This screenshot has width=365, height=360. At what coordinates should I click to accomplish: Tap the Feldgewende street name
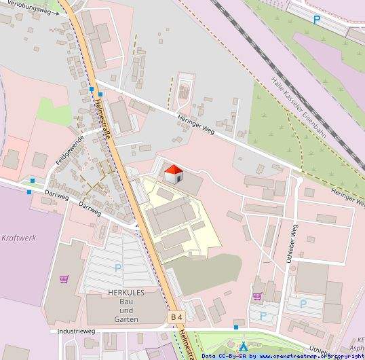[70, 151]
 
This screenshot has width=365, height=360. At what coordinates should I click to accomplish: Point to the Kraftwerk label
[18, 238]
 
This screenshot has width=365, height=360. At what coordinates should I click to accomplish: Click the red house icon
[174, 173]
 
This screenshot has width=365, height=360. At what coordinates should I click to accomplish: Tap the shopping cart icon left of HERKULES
[64, 278]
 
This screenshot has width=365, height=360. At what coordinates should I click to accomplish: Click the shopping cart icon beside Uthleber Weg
[257, 296]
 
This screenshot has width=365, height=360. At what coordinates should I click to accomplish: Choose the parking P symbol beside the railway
[316, 20]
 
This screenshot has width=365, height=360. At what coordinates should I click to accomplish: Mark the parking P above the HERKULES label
[118, 268]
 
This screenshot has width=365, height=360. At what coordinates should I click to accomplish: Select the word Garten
[127, 319]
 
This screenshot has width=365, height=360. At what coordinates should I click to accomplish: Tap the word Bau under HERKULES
[127, 305]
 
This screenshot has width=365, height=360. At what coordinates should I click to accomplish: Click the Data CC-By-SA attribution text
[225, 355]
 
